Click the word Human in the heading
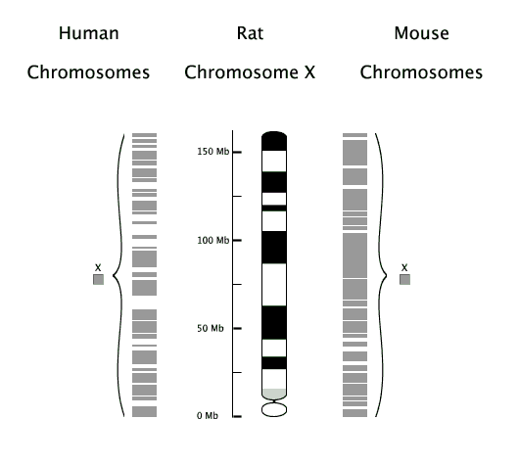pos(89,33)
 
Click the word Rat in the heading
pos(251,33)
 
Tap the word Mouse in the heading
pos(422,33)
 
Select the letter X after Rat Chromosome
pos(309,72)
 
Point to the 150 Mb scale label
pos(213,152)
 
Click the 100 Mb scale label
pos(213,240)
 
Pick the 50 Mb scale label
pos(211,328)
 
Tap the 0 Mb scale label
pos(208,416)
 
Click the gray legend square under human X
pos(98,279)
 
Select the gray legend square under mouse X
pos(404,279)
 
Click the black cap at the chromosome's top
pos(274,141)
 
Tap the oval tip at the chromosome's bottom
pos(274,409)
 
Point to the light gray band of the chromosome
pos(274,394)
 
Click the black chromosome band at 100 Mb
pos(274,248)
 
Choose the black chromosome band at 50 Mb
pos(274,323)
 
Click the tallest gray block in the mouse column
pos(354,256)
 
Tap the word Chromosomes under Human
pos(88,72)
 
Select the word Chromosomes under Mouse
pos(421,72)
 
